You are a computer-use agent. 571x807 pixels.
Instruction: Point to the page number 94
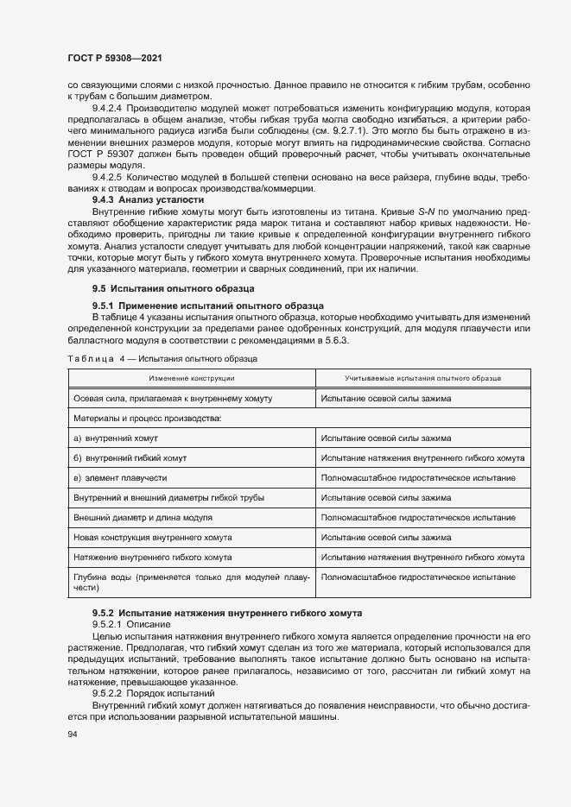pyautogui.click(x=73, y=734)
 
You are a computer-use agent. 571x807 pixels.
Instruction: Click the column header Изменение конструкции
pyautogui.click(x=191, y=378)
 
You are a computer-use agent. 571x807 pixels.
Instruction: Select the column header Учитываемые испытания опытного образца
pyautogui.click(x=423, y=378)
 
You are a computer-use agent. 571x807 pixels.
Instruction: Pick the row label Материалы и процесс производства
pyautogui.click(x=148, y=418)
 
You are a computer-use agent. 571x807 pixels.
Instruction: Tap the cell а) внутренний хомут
pyautogui.click(x=116, y=438)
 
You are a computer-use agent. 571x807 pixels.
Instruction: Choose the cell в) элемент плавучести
pyautogui.click(x=120, y=477)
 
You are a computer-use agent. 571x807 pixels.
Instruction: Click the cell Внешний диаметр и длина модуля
pyautogui.click(x=144, y=517)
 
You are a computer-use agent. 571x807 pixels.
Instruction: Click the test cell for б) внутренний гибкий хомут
pyautogui.click(x=422, y=457)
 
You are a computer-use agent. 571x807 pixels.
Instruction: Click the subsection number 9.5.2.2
pyautogui.click(x=108, y=693)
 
